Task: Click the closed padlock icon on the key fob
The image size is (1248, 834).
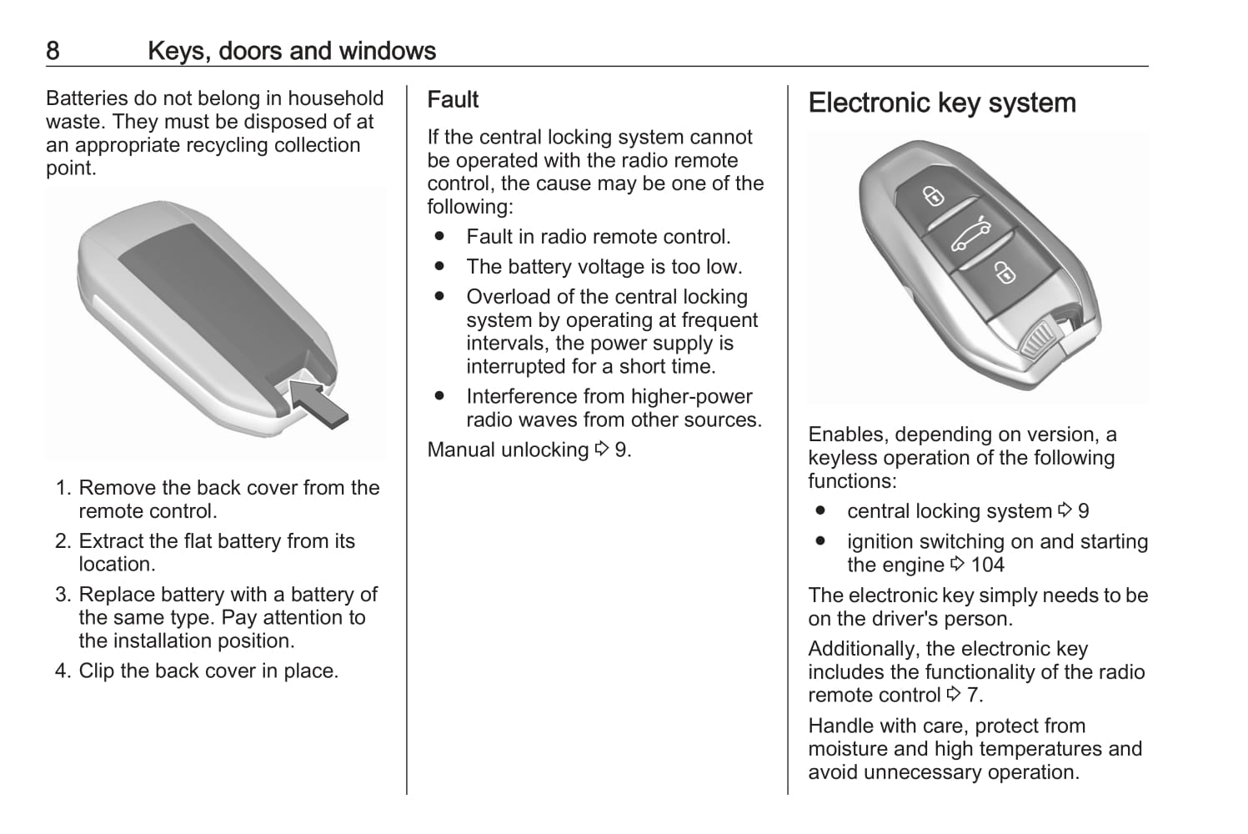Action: click(x=933, y=197)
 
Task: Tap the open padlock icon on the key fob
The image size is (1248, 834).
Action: click(x=1005, y=273)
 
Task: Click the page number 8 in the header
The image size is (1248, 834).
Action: click(x=53, y=51)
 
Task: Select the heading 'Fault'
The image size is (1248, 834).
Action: click(x=453, y=100)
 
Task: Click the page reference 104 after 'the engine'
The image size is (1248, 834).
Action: click(x=988, y=565)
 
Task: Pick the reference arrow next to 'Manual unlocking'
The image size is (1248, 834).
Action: click(x=602, y=450)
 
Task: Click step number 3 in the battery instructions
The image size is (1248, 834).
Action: click(x=63, y=595)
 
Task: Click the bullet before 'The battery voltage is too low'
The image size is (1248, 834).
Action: click(x=439, y=266)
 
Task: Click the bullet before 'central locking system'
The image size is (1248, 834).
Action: click(x=820, y=510)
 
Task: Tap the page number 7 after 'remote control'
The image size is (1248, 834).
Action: click(x=973, y=696)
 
